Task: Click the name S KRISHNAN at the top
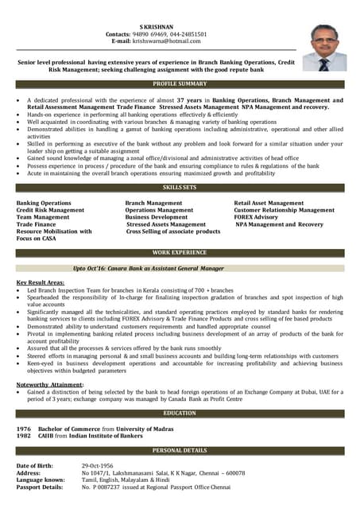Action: tap(156, 26)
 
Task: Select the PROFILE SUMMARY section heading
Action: tap(180, 84)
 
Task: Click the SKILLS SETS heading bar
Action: tap(180, 187)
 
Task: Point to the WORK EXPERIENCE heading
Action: tap(180, 252)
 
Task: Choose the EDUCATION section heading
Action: tap(180, 414)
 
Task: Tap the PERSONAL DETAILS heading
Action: tap(180, 451)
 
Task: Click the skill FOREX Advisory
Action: tap(256, 217)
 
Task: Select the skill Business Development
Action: tap(157, 217)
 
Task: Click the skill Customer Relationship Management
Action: tap(284, 210)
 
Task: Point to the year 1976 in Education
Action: tap(24, 429)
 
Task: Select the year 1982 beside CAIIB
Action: tap(24, 437)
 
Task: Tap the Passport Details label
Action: tap(40, 487)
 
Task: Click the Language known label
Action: tap(41, 480)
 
